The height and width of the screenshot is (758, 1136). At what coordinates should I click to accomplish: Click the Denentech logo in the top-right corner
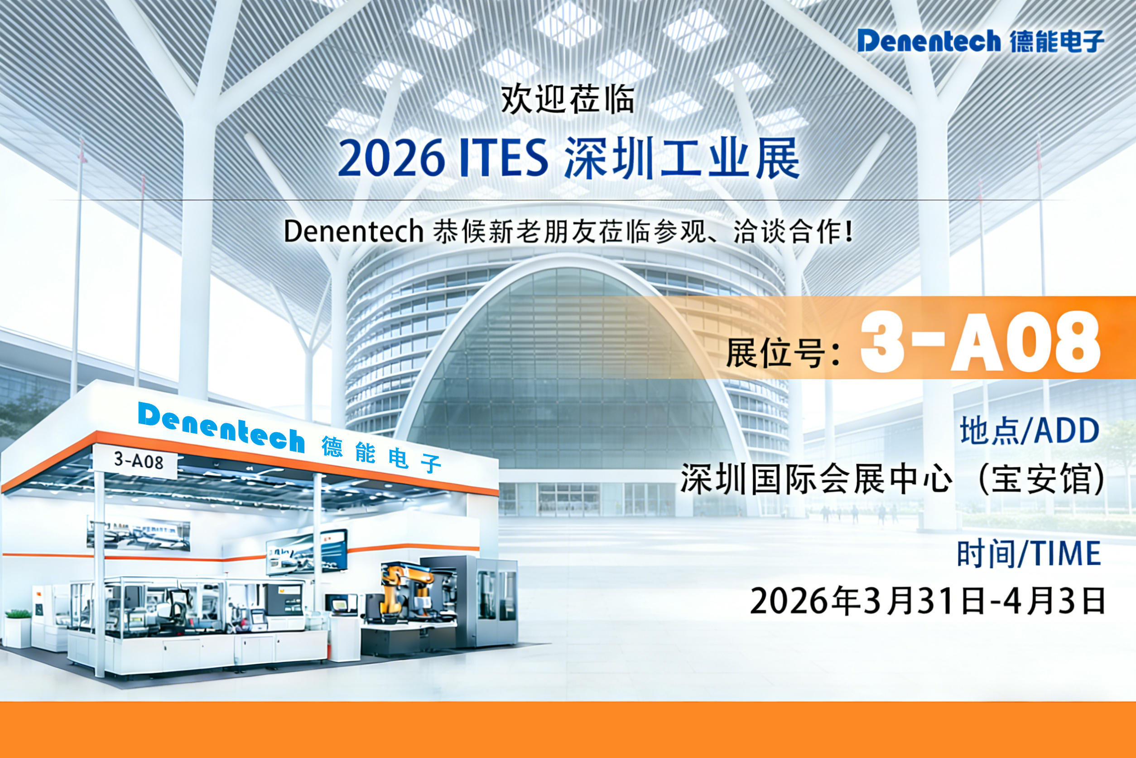click(x=981, y=41)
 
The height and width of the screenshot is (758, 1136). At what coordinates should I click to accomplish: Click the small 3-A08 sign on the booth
click(x=139, y=460)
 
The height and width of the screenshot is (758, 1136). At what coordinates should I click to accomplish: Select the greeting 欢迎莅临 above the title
click(x=568, y=99)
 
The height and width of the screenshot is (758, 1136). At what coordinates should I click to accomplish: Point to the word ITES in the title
click(x=503, y=158)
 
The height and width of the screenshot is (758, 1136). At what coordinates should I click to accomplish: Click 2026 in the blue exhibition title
click(x=391, y=158)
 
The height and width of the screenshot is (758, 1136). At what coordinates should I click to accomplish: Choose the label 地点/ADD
click(x=1029, y=431)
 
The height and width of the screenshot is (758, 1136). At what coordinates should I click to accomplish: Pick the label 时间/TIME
click(x=1029, y=554)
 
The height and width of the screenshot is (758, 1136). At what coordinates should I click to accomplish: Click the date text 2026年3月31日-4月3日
click(x=927, y=601)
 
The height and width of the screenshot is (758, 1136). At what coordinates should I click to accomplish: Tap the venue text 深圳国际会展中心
click(x=816, y=480)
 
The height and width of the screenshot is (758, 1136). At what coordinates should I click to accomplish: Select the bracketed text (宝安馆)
click(x=1041, y=480)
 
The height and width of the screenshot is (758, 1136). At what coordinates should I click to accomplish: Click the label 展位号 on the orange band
click(x=782, y=353)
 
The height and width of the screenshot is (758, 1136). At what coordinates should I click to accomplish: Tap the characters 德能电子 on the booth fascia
click(x=381, y=454)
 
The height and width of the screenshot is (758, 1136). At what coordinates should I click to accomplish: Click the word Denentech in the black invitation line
click(x=354, y=231)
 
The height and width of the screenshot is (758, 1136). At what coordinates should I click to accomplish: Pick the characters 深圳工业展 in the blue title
click(x=681, y=158)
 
